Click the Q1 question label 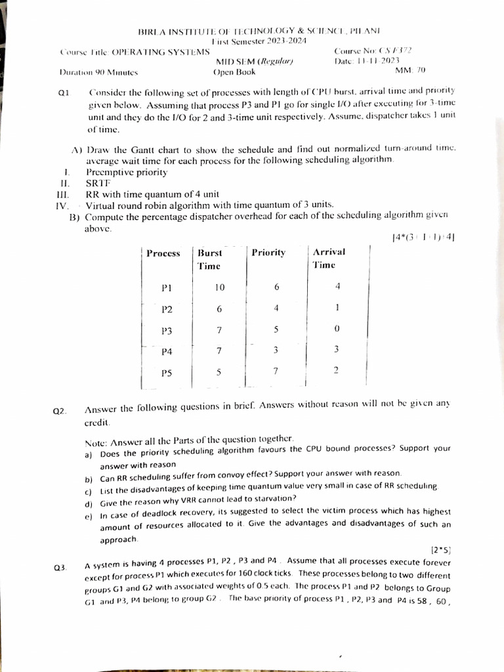point(64,93)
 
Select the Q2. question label point(60,411)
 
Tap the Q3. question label point(60,567)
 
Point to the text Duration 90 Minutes point(98,72)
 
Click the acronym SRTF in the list point(97,183)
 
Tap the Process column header point(163,253)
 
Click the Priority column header point(268,253)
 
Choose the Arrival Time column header point(328,258)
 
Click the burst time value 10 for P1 point(220,287)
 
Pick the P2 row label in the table point(167,309)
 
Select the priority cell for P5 point(276,371)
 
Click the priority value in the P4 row point(276,350)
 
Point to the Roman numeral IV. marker point(64,205)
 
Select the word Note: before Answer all point(96,440)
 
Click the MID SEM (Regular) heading point(254,62)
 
